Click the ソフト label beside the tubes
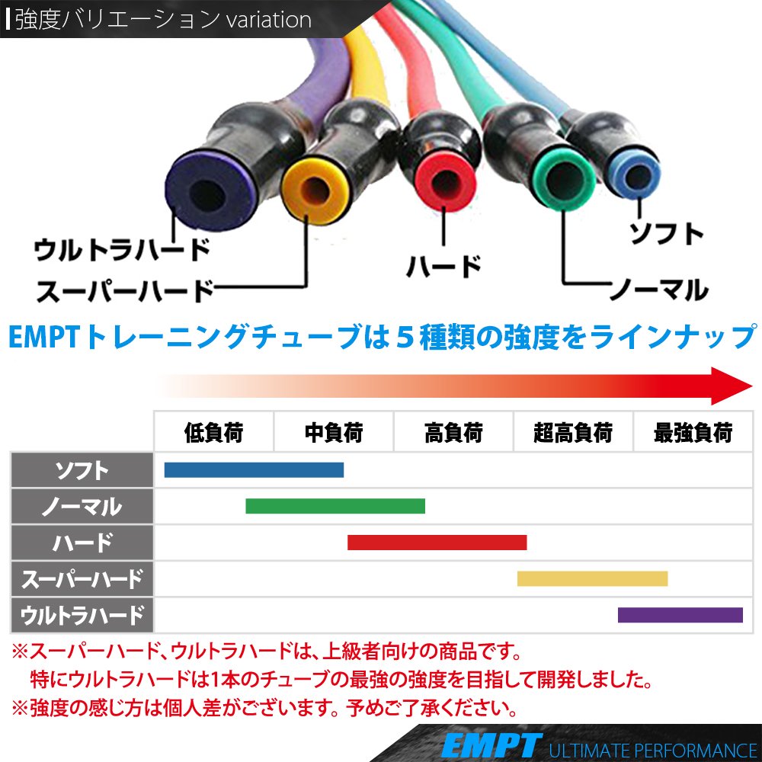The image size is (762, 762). [x=665, y=233]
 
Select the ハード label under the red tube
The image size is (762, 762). [x=443, y=267]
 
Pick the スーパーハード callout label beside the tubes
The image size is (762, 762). [x=124, y=290]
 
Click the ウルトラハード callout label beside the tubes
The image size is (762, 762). [x=122, y=249]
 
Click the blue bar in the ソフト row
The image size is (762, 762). [x=254, y=470]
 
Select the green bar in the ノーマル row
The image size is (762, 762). [x=335, y=506]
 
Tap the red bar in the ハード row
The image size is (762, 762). [x=437, y=543]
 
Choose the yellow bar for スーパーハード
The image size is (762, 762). [x=592, y=578]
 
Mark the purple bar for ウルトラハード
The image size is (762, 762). [x=680, y=614]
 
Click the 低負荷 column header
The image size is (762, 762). [x=213, y=433]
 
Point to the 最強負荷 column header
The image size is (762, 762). [x=693, y=433]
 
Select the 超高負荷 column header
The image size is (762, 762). [x=573, y=433]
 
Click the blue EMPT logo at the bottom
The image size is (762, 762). [x=491, y=744]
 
